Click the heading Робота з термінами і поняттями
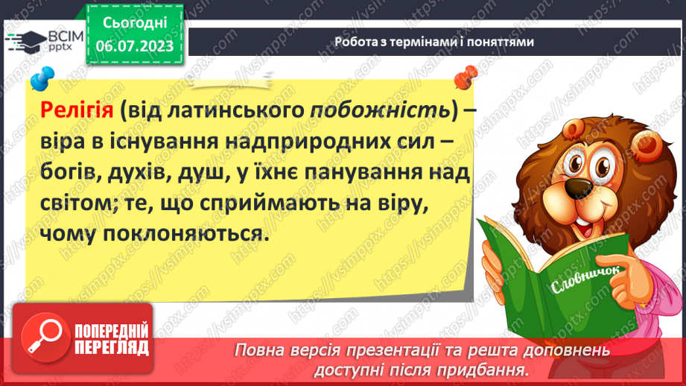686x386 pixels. (433, 42)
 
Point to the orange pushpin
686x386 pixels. (466, 75)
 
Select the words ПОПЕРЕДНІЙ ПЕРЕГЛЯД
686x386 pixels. (112, 339)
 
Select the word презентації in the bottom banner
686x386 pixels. (395, 350)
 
